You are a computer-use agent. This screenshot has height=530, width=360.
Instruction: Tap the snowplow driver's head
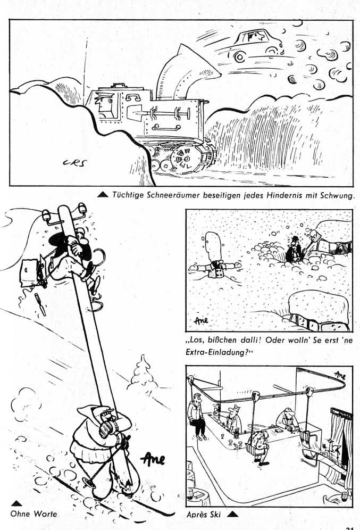tap(103, 102)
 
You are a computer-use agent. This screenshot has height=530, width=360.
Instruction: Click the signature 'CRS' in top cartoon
tap(74, 163)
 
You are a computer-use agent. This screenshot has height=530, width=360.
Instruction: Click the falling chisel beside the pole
tap(40, 304)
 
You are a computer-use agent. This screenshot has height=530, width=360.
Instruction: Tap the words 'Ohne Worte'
tap(34, 514)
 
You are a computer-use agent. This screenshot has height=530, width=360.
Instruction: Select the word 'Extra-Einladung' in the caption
tap(217, 352)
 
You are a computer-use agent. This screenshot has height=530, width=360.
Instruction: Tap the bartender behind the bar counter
tap(233, 419)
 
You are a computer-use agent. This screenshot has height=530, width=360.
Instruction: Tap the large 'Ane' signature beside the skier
tap(153, 459)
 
